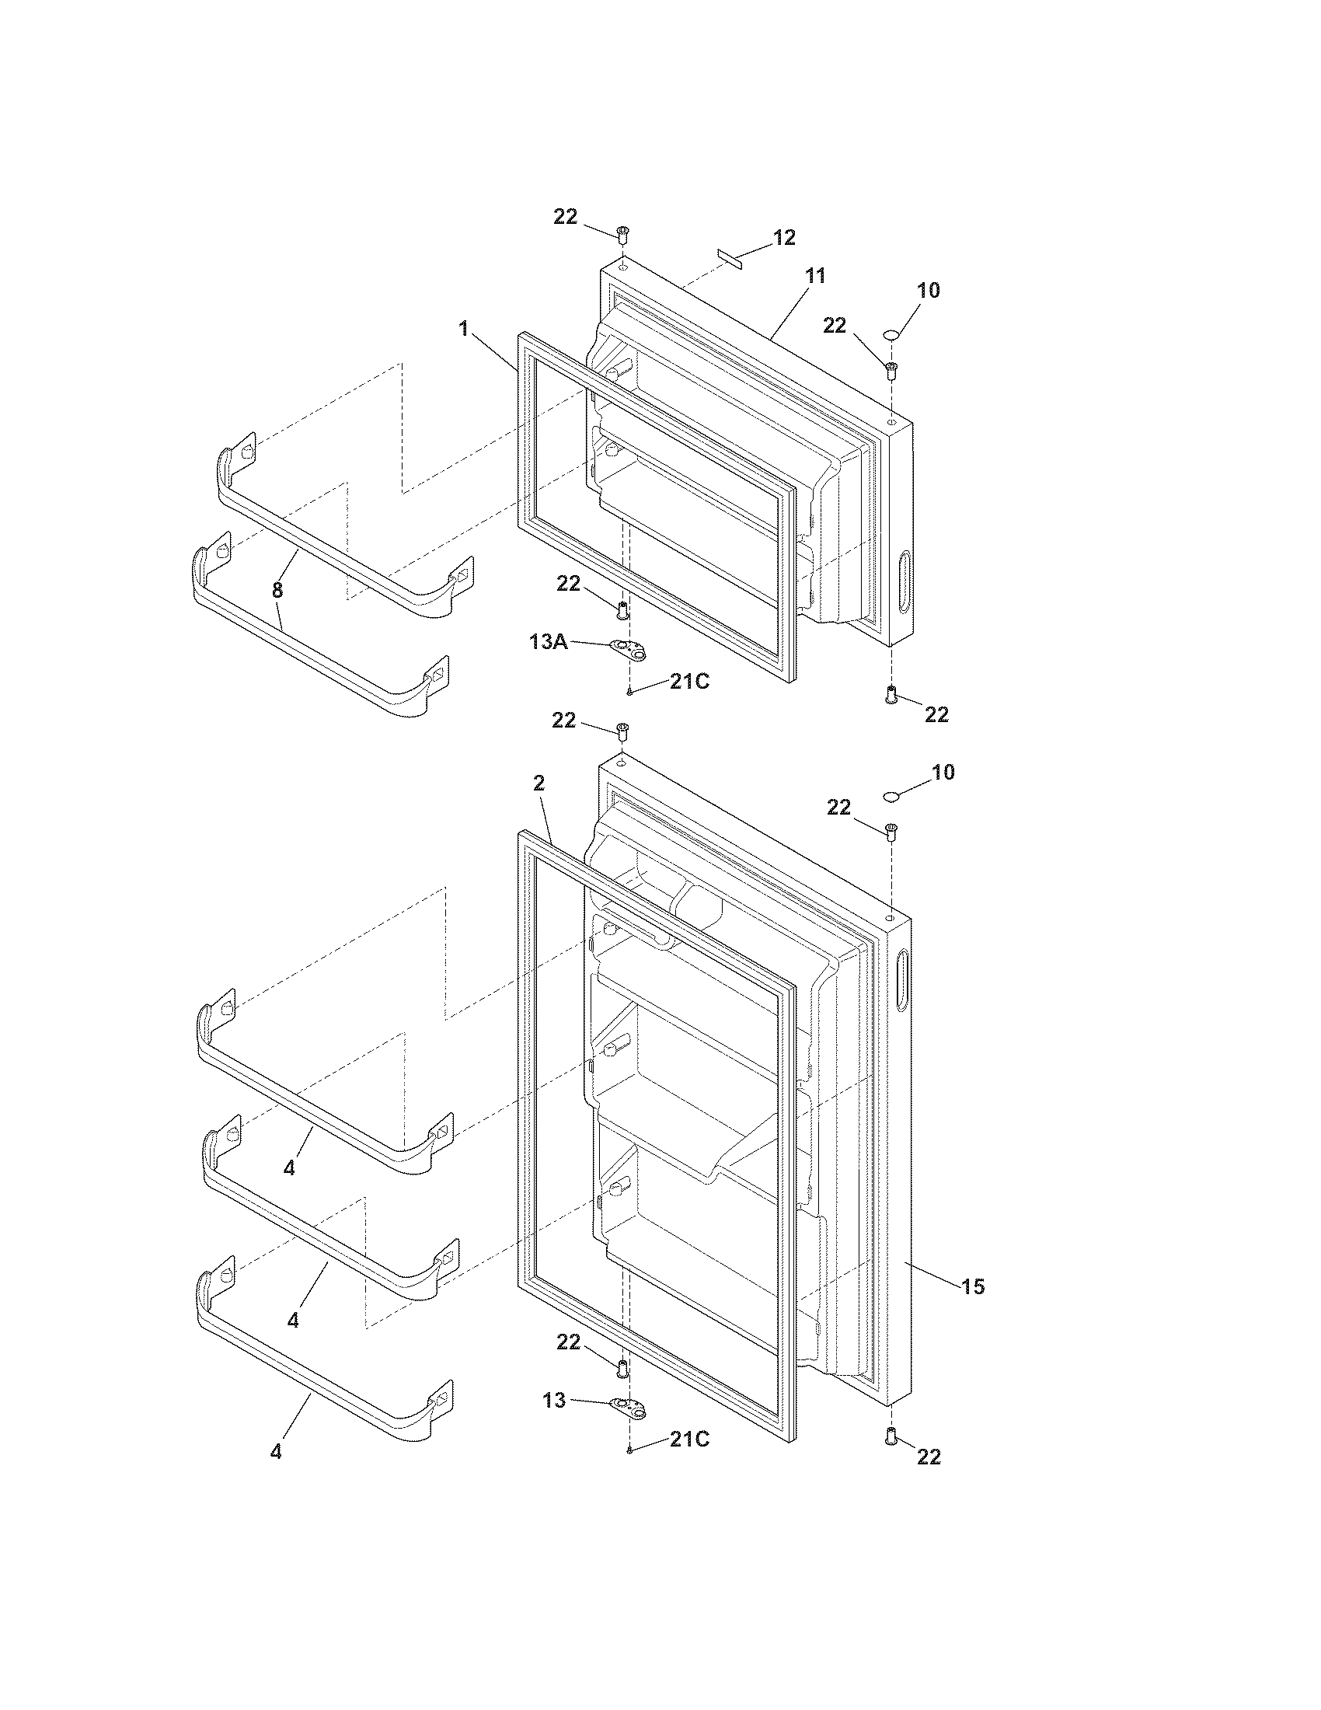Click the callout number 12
click(784, 237)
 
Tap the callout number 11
click(815, 276)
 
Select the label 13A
click(549, 643)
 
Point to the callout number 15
click(973, 1286)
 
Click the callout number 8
click(277, 590)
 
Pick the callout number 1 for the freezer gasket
click(464, 329)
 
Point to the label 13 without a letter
click(554, 1399)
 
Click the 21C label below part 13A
click(689, 682)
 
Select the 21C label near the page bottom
click(689, 1439)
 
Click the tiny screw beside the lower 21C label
click(629, 1451)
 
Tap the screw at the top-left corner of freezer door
click(623, 232)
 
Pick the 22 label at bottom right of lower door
click(929, 1457)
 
